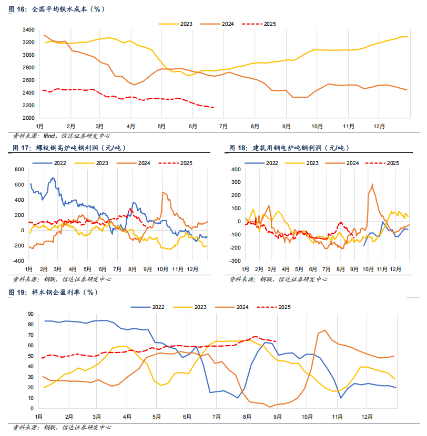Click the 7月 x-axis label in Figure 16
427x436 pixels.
click(222, 127)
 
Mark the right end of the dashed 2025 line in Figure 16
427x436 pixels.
click(213, 108)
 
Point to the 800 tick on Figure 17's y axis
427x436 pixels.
click(19, 170)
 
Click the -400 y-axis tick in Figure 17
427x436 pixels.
click(18, 261)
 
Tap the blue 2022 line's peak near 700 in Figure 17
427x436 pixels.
click(53, 178)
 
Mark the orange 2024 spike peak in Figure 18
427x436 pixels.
click(372, 184)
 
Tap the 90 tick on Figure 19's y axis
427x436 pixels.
click(30, 314)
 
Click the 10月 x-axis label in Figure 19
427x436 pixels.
click(307, 417)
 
